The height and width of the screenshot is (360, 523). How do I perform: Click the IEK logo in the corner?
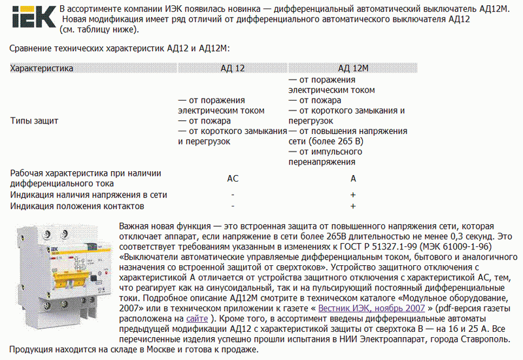click(x=27, y=18)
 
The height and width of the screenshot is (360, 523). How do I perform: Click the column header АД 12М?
click(x=352, y=68)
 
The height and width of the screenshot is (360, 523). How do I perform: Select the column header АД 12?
click(x=232, y=68)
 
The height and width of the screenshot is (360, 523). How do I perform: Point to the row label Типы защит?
click(x=34, y=120)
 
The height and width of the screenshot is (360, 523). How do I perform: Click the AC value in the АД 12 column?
click(x=233, y=178)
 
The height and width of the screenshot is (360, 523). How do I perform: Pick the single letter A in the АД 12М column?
click(x=353, y=178)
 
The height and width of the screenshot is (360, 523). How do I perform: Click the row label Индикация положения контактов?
click(x=76, y=206)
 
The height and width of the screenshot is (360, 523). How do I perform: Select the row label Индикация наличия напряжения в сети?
click(x=89, y=195)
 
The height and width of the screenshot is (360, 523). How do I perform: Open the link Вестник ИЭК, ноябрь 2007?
click(x=371, y=308)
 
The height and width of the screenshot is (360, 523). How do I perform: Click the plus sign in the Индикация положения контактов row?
click(x=353, y=206)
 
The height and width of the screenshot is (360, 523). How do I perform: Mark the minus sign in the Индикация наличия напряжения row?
click(x=233, y=195)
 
